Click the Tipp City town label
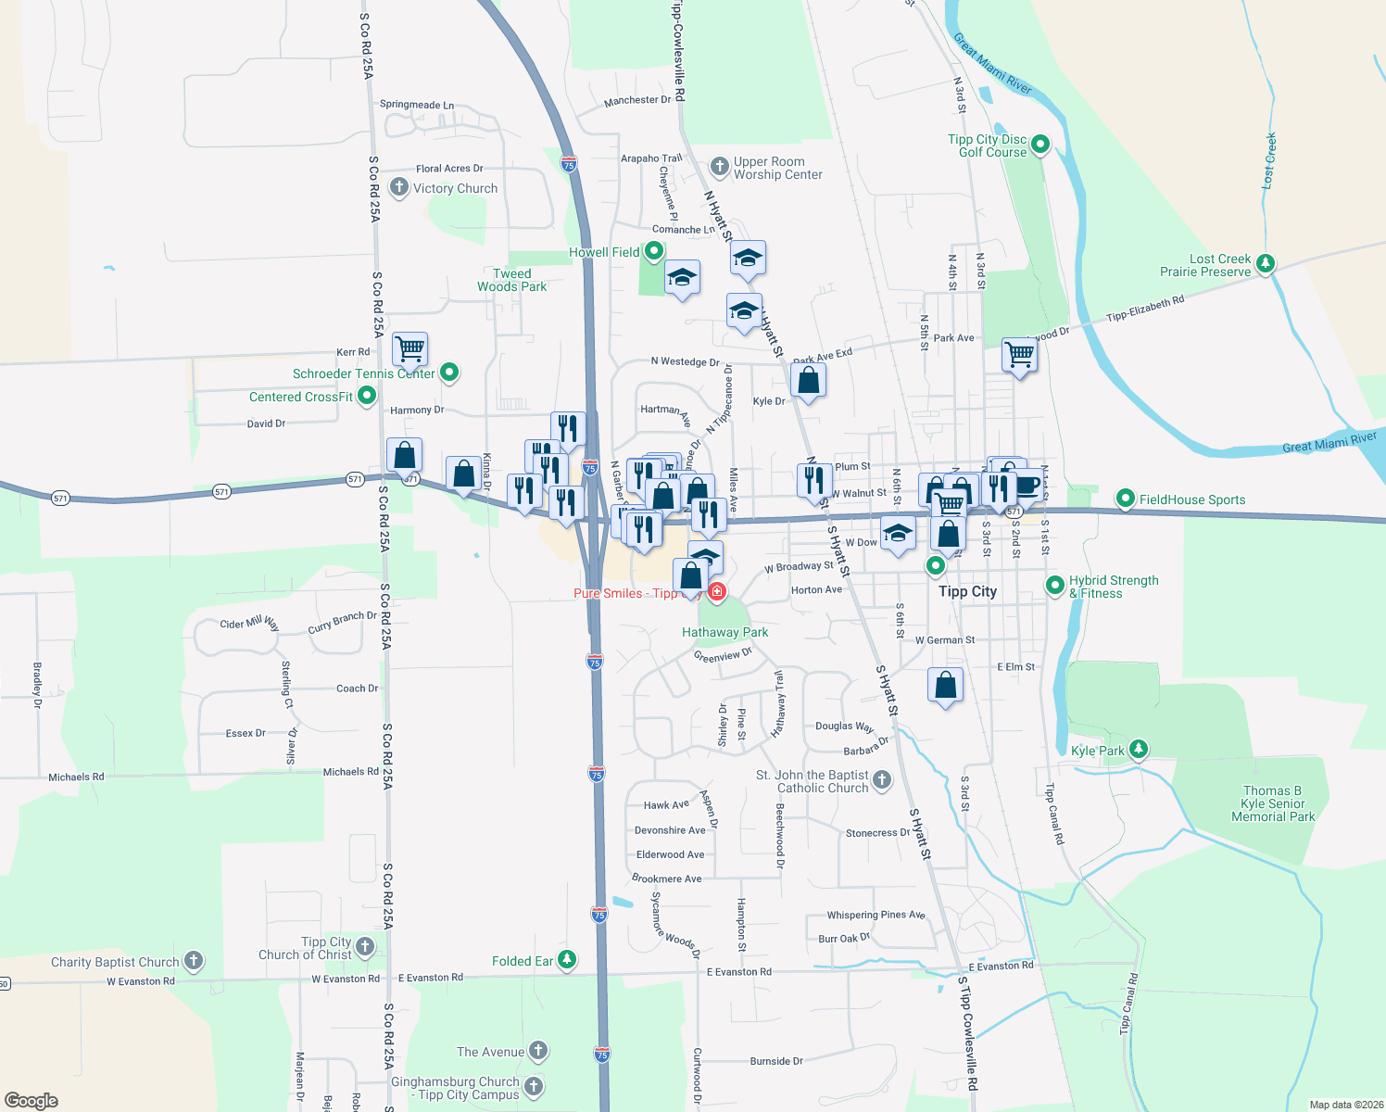(967, 591)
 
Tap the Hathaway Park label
(724, 632)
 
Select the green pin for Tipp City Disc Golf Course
(1039, 145)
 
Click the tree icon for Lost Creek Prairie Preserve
(1265, 264)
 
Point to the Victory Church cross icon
(398, 187)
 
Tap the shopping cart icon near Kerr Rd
(409, 349)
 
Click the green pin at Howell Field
(654, 251)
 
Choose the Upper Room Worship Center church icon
(719, 167)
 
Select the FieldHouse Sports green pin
(1125, 499)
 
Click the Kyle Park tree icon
(1139, 750)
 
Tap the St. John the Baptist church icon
(882, 780)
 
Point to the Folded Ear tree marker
(567, 960)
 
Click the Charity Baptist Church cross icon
(194, 961)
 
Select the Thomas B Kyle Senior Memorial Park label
(1272, 803)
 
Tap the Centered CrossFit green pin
(367, 397)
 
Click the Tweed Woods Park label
(511, 280)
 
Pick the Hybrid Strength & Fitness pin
(1054, 586)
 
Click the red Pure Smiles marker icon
(717, 591)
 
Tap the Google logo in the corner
(31, 1100)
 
